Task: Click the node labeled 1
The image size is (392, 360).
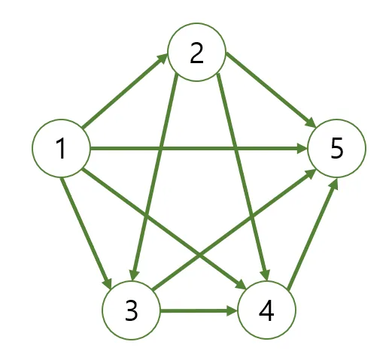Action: click(61, 148)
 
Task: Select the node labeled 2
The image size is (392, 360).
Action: click(197, 52)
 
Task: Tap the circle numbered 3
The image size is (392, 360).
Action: click(131, 310)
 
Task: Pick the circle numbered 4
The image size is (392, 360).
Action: click(266, 310)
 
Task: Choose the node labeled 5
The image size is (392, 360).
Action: click(336, 148)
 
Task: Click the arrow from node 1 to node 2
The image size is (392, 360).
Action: click(125, 91)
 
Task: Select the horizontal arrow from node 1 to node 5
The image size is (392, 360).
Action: click(199, 148)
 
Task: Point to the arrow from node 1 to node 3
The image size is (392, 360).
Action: click(86, 233)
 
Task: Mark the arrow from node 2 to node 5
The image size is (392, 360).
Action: click(271, 89)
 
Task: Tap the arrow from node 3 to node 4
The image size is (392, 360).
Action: click(199, 310)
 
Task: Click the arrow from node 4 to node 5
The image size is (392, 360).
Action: click(313, 234)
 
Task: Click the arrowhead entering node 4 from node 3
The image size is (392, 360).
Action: click(232, 310)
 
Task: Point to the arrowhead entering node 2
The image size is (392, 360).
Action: click(163, 58)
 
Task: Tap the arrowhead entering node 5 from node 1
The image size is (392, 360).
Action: click(302, 148)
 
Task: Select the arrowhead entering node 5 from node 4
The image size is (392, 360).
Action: click(334, 183)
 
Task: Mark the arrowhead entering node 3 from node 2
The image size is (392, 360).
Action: click(134, 275)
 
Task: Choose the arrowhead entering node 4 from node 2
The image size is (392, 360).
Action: click(265, 275)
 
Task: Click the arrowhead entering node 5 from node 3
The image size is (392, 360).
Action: click(311, 174)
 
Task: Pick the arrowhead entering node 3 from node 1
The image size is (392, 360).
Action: click(108, 283)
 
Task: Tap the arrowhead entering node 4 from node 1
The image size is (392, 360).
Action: click(241, 285)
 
